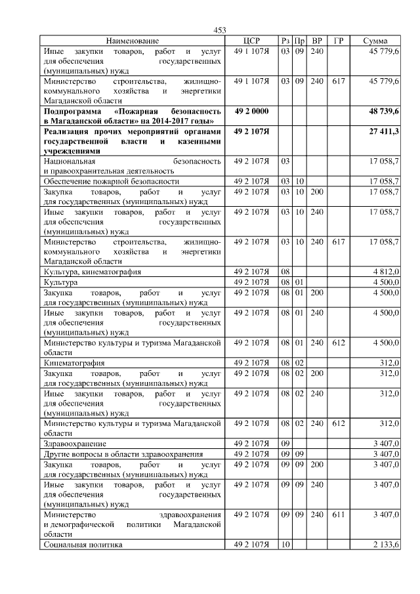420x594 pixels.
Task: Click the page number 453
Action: [220, 30]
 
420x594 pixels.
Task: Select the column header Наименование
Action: [132, 41]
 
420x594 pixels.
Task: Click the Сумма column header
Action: [375, 41]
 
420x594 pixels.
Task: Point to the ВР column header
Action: [317, 41]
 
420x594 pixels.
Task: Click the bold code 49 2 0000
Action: [251, 112]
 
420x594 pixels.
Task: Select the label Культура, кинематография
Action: [92, 271]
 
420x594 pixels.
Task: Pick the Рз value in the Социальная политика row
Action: [285, 545]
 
